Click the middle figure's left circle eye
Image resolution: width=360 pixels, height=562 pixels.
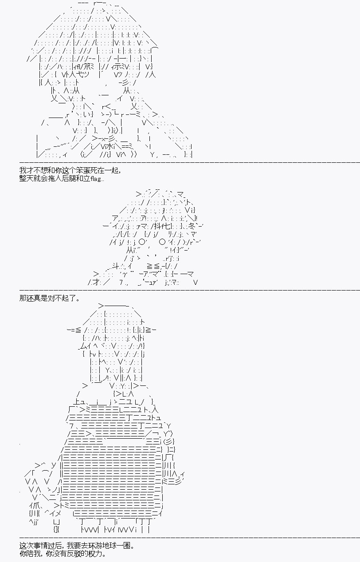(142, 242)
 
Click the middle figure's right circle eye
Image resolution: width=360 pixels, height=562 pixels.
(162, 242)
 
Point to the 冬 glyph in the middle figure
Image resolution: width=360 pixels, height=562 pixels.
(192, 226)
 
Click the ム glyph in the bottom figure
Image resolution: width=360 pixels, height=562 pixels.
(83, 346)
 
